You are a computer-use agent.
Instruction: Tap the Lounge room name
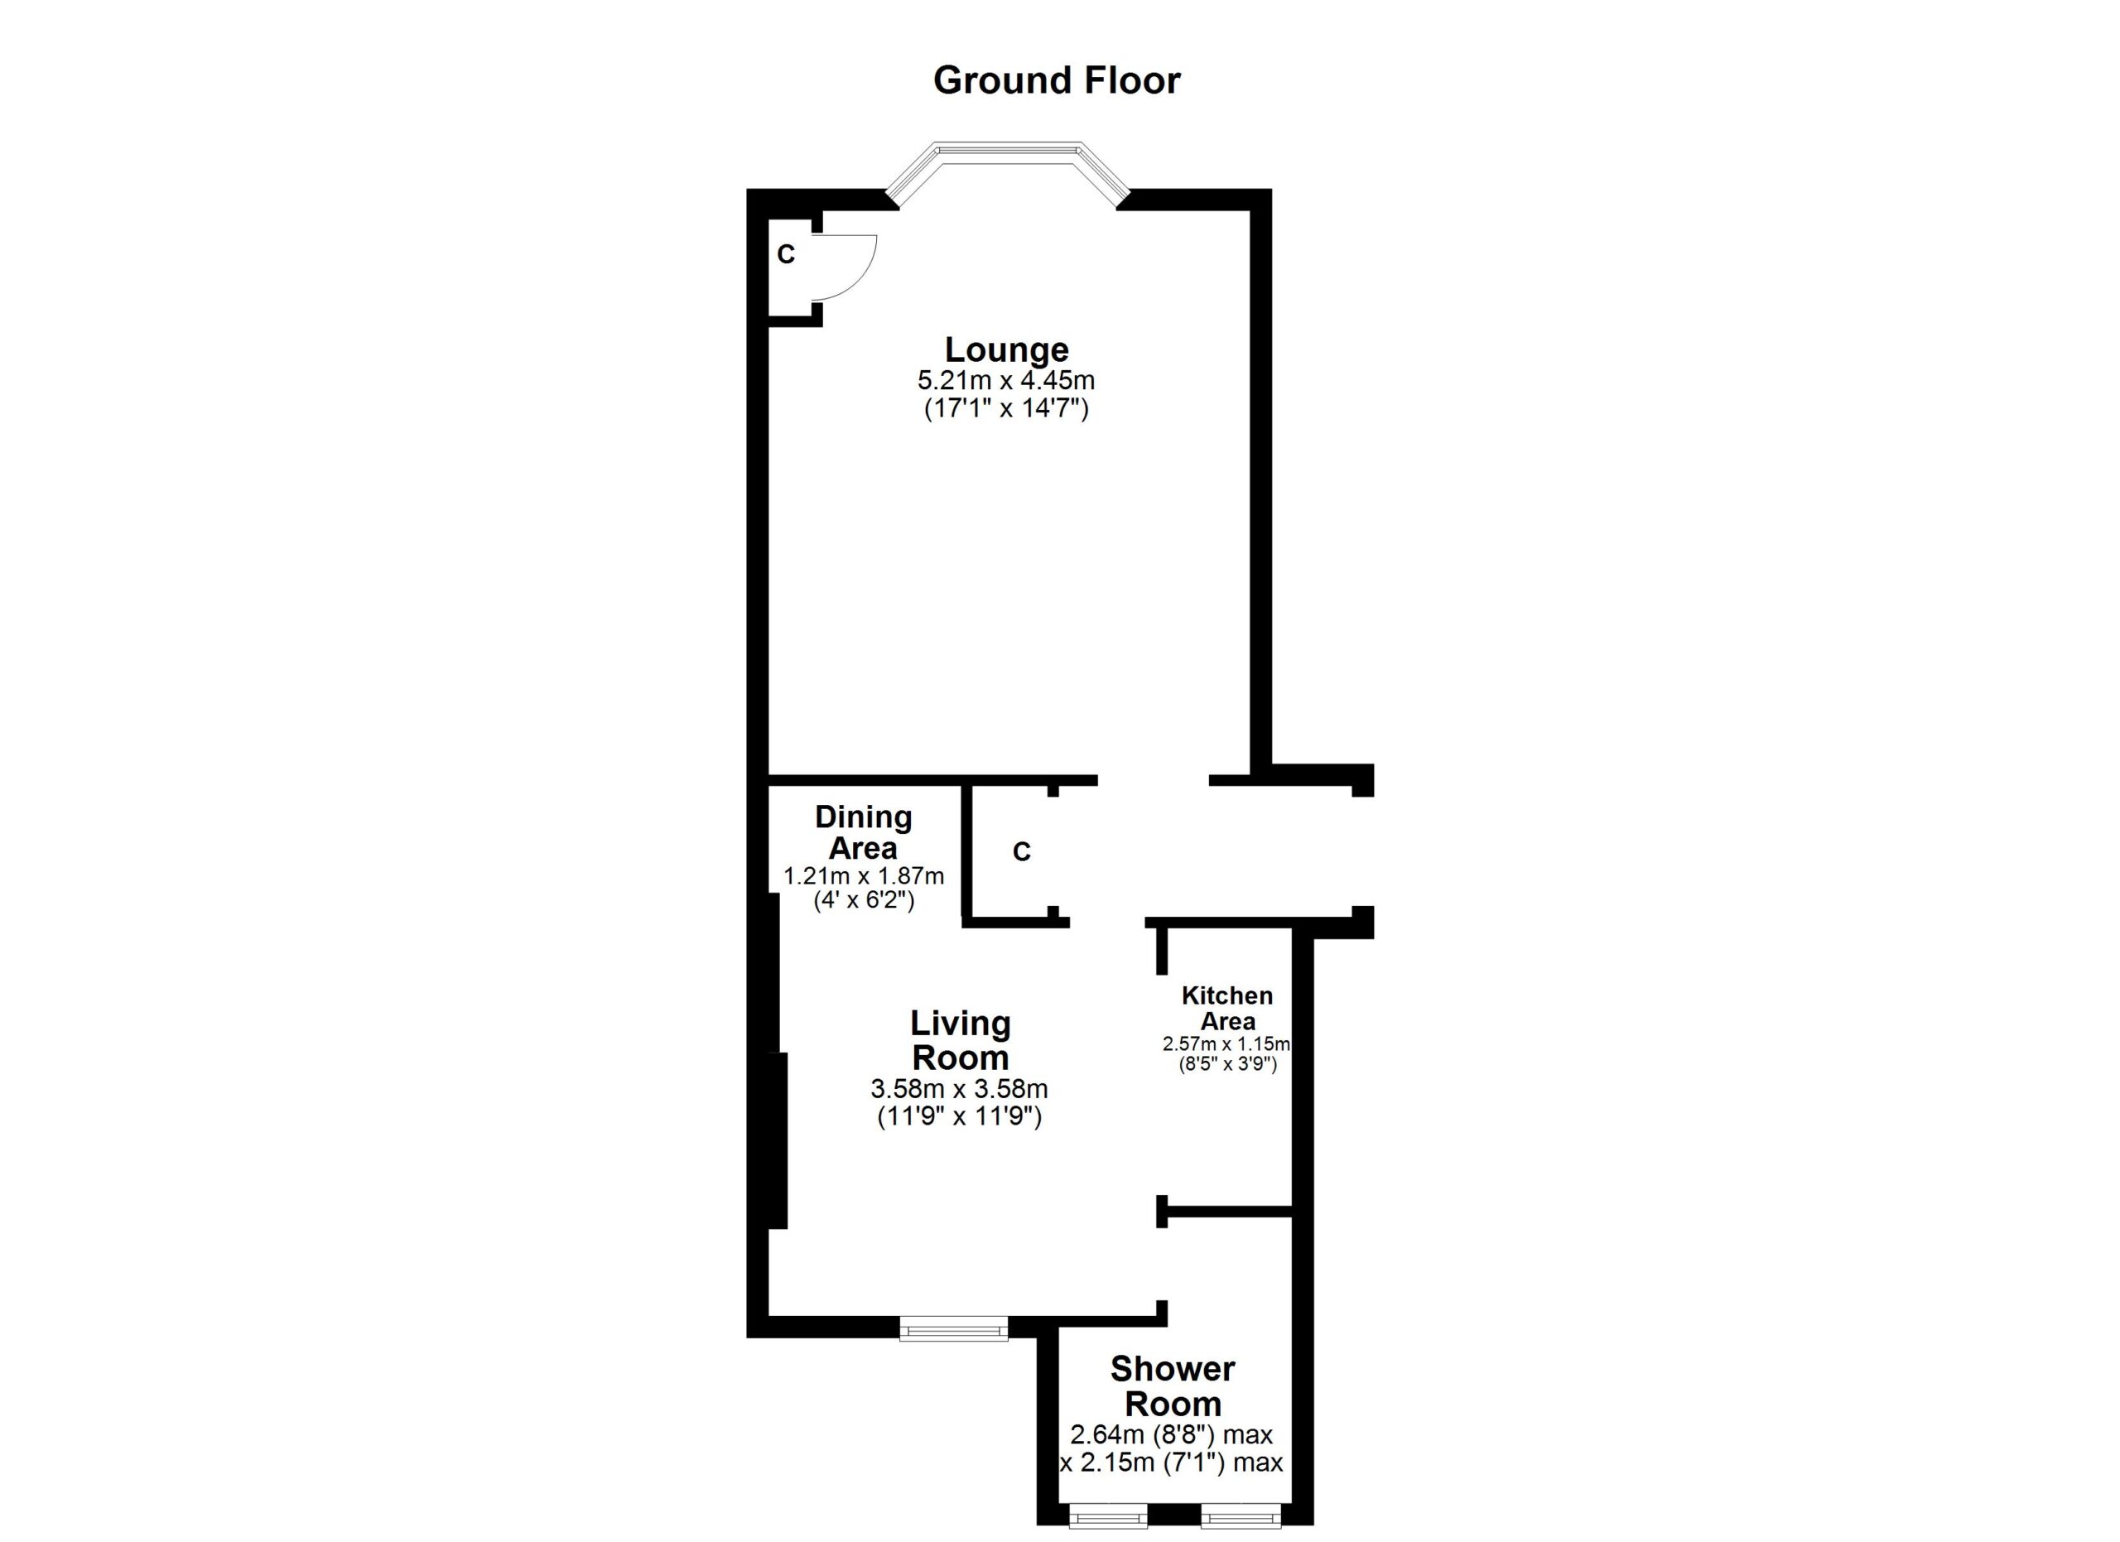pyautogui.click(x=1007, y=349)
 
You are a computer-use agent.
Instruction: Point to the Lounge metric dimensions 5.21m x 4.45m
pyautogui.click(x=1007, y=380)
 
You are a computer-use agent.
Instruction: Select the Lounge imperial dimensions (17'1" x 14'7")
pyautogui.click(x=1007, y=408)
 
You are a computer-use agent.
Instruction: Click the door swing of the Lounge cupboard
pyautogui.click(x=852, y=267)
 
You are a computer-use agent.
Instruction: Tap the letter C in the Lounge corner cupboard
pyautogui.click(x=786, y=254)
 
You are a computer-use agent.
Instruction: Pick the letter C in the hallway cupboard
pyautogui.click(x=1022, y=851)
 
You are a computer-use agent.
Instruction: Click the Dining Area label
pyautogui.click(x=863, y=831)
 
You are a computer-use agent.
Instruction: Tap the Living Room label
pyautogui.click(x=960, y=1040)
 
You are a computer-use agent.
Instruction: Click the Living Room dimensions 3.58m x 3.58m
pyautogui.click(x=959, y=1089)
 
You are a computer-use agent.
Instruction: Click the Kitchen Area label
pyautogui.click(x=1227, y=1009)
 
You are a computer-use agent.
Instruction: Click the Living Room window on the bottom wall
pyautogui.click(x=953, y=1328)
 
